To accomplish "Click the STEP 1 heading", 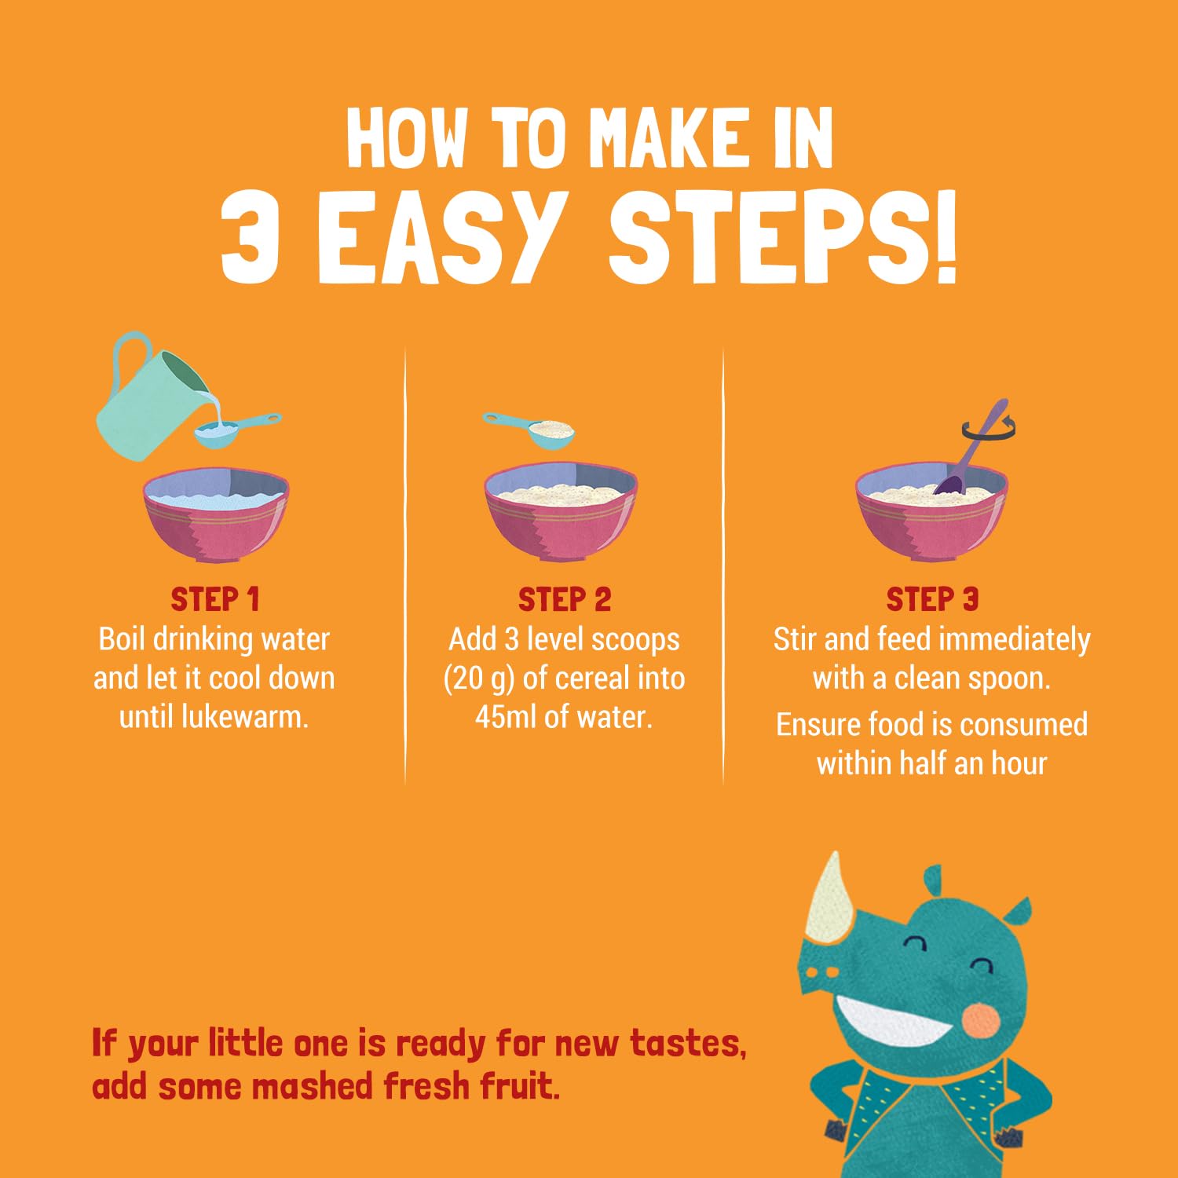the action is pos(215,599).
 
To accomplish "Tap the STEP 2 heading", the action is pos(565,599).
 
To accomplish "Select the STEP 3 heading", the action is pos(932,599).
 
